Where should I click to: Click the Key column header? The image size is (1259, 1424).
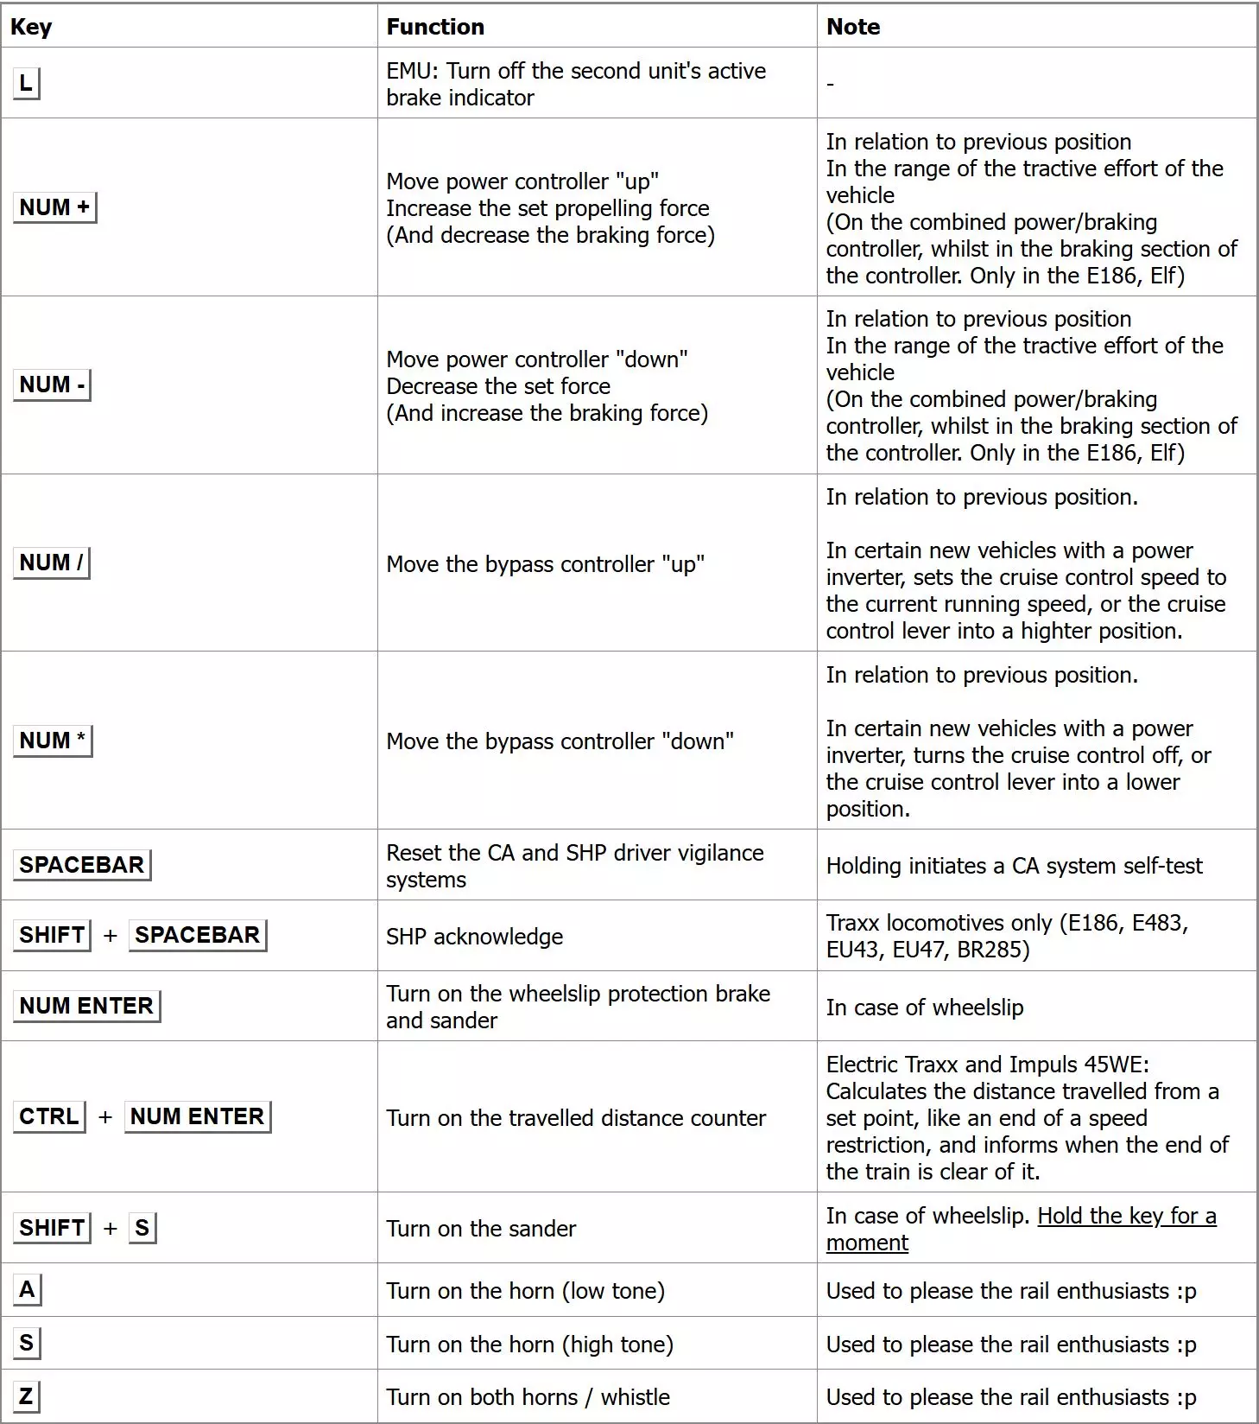point(31,27)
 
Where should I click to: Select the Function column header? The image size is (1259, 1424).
point(435,27)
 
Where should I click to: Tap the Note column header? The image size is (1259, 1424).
point(852,27)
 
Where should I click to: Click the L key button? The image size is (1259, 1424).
point(26,84)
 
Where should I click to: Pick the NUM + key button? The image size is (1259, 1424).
point(54,207)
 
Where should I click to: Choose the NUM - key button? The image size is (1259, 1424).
point(52,385)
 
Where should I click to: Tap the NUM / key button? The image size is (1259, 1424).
point(52,563)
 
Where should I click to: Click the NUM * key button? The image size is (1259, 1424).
point(53,741)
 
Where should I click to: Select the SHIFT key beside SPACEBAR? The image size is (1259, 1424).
point(52,935)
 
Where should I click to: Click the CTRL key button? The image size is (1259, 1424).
point(49,1116)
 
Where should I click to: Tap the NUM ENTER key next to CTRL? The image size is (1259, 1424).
point(198,1116)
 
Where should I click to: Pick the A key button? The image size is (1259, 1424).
point(27,1290)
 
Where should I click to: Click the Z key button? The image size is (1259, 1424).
point(26,1396)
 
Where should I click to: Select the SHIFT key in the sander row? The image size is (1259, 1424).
point(52,1228)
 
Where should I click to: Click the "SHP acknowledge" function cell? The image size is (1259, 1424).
point(474,937)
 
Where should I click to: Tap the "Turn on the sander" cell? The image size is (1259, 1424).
point(481,1229)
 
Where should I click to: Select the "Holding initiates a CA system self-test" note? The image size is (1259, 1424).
point(1014,866)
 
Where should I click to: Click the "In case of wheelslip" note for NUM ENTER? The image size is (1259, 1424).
point(924,1008)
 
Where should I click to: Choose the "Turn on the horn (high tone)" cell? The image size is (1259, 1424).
point(529,1345)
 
